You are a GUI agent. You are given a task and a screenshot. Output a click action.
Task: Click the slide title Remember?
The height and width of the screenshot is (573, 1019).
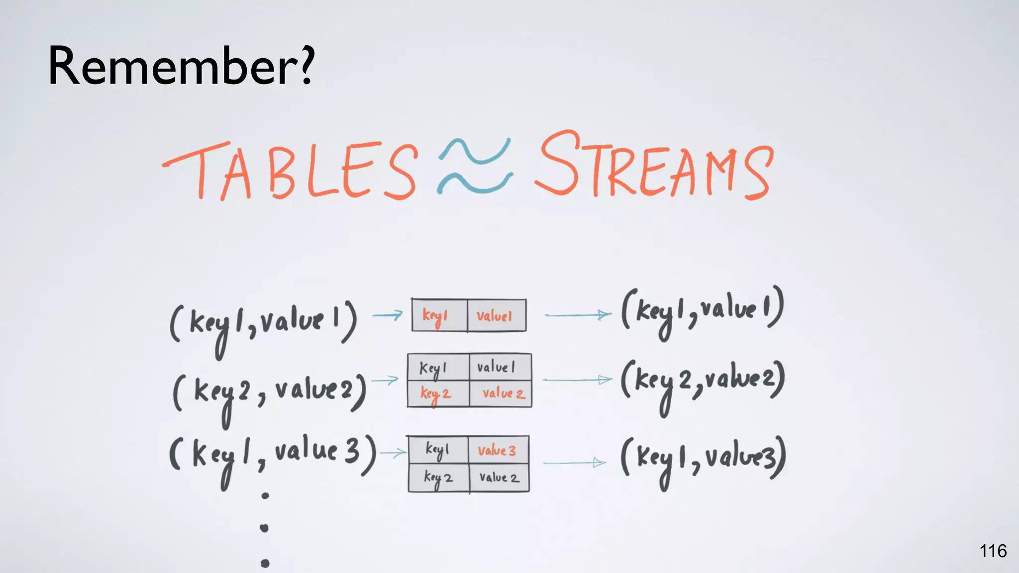[181, 66]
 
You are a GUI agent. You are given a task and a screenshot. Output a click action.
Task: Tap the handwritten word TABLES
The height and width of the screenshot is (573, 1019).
[290, 171]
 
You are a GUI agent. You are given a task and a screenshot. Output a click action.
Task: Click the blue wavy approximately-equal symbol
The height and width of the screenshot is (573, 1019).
[475, 166]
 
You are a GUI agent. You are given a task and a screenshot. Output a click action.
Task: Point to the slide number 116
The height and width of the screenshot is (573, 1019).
[993, 551]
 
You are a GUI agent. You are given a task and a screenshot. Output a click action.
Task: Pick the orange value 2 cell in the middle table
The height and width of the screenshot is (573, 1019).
[501, 394]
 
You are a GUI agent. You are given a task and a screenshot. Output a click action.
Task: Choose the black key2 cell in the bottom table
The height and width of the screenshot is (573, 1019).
[438, 478]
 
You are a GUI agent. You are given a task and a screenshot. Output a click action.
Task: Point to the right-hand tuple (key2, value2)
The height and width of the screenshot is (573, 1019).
[703, 382]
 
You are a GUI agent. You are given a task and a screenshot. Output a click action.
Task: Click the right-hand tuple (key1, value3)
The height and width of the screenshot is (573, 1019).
[703, 459]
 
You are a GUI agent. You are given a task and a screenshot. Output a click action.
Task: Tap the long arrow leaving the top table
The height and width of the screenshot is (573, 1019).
[578, 315]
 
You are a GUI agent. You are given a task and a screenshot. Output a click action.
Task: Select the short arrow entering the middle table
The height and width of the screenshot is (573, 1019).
[385, 381]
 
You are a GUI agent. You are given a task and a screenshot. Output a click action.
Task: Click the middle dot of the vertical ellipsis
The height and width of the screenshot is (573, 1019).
[265, 528]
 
